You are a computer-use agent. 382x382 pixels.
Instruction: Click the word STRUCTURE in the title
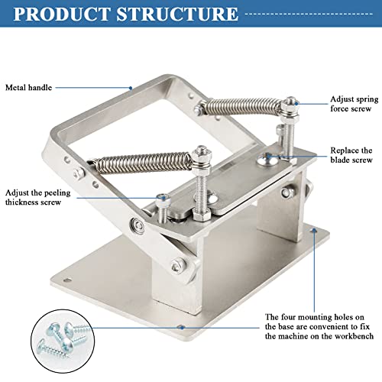pos(186,15)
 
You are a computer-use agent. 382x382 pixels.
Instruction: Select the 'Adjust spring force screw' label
pos(350,105)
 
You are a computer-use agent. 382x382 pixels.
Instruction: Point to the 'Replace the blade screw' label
pos(350,155)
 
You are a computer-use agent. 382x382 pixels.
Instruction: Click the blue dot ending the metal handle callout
pos(131,88)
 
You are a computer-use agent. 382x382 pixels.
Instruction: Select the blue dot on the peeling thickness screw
pos(162,197)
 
